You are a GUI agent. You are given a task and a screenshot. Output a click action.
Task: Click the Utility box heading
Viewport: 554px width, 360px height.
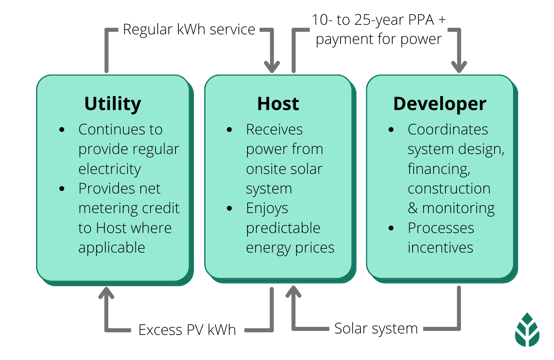pyautogui.click(x=113, y=104)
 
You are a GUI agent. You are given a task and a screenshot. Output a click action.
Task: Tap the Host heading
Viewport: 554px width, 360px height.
pyautogui.click(x=278, y=104)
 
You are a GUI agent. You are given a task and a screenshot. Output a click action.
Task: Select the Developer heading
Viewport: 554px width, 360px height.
pyautogui.click(x=440, y=104)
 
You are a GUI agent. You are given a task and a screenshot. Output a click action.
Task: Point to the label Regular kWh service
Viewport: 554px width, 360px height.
pyautogui.click(x=189, y=30)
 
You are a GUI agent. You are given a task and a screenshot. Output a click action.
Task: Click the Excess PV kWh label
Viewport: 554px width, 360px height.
pyautogui.click(x=187, y=330)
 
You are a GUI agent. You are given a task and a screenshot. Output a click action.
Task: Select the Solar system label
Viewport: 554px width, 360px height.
pyautogui.click(x=376, y=328)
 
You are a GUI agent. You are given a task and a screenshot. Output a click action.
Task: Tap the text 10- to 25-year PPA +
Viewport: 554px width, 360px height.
pyautogui.click(x=379, y=20)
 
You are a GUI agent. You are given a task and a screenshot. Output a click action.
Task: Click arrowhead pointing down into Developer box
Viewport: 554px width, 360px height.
pyautogui.click(x=459, y=67)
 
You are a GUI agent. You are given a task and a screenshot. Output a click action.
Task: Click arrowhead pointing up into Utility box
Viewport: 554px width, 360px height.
pyautogui.click(x=106, y=293)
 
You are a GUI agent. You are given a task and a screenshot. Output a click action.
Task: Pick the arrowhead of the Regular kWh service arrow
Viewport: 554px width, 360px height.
pyautogui.click(x=272, y=67)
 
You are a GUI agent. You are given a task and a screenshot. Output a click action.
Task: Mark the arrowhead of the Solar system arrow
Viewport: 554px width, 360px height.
pyautogui.click(x=294, y=292)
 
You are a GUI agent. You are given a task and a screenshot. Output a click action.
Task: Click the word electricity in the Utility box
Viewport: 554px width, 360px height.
pyautogui.click(x=110, y=169)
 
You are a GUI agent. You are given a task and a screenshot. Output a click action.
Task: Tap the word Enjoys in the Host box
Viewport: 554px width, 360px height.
pyautogui.click(x=267, y=209)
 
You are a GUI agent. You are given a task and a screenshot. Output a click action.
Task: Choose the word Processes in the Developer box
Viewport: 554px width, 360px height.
pyautogui.click(x=441, y=228)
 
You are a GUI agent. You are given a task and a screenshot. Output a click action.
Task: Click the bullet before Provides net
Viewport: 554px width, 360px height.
pyautogui.click(x=62, y=189)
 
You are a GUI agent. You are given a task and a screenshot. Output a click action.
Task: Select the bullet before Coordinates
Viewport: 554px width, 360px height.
pyautogui.click(x=391, y=130)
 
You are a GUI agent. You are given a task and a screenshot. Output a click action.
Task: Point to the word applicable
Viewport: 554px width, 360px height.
pyautogui.click(x=112, y=248)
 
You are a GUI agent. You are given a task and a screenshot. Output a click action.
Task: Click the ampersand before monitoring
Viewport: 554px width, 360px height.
pyautogui.click(x=413, y=209)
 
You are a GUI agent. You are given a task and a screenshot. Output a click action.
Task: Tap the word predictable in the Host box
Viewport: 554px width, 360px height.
pyautogui.click(x=283, y=229)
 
